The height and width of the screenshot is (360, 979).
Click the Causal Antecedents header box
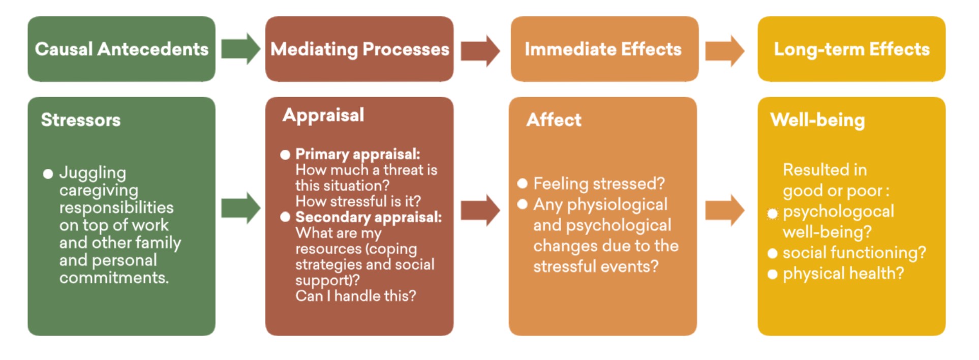click(121, 49)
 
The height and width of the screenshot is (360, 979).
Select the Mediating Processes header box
click(359, 49)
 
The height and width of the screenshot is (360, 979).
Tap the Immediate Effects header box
click(604, 49)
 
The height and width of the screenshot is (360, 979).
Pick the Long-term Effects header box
click(851, 49)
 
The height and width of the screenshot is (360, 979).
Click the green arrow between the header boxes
click(240, 49)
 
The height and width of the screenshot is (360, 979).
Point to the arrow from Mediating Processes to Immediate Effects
click(480, 51)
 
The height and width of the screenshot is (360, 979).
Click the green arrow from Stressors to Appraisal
click(240, 208)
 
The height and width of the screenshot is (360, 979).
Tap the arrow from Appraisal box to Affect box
click(480, 209)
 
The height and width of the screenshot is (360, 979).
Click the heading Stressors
click(81, 120)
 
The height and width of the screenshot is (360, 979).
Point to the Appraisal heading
click(323, 115)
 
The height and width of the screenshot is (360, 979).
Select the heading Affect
click(554, 120)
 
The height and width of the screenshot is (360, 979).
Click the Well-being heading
click(817, 121)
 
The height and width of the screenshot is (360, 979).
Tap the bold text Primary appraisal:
click(358, 154)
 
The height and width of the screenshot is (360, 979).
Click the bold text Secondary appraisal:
click(369, 217)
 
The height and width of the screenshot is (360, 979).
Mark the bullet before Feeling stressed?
click(522, 184)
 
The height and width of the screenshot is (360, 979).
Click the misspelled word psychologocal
click(838, 212)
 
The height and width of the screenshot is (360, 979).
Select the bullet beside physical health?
click(773, 275)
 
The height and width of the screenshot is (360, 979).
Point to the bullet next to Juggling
click(48, 174)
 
